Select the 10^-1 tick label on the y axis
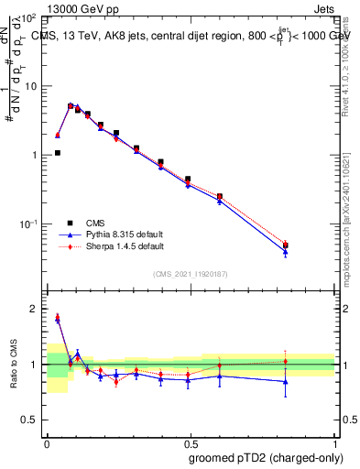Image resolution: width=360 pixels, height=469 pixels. click(29, 224)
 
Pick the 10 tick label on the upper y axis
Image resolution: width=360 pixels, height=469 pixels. click(33, 86)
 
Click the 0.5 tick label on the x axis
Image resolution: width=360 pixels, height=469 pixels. click(191, 442)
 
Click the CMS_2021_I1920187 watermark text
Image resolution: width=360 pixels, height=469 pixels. click(191, 274)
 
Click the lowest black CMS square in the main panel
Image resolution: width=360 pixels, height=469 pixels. click(58, 153)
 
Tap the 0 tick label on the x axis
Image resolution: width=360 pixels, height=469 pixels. click(47, 442)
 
